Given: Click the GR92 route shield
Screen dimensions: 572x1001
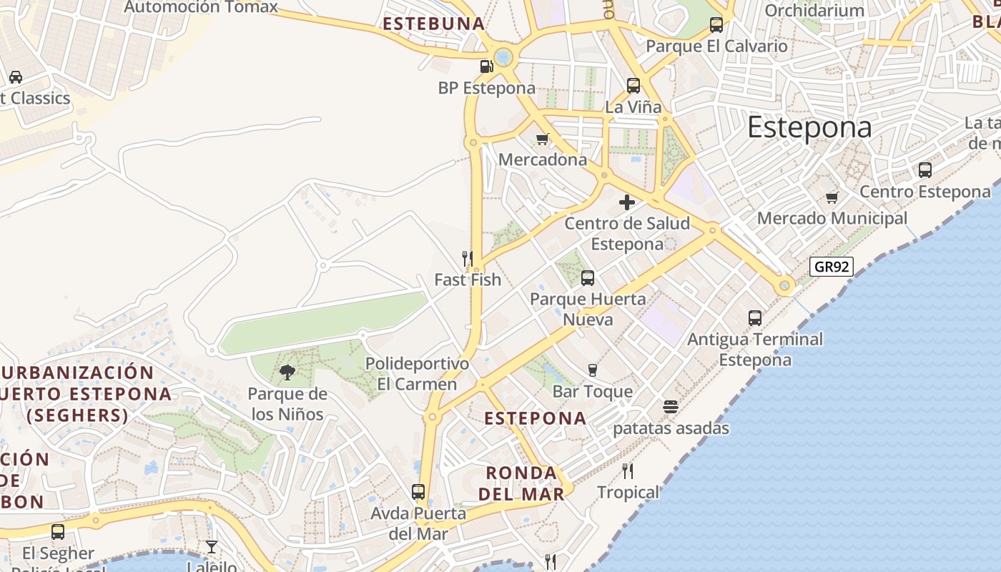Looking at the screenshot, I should click(833, 267).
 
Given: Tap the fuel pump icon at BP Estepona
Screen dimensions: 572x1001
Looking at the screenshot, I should click(486, 66).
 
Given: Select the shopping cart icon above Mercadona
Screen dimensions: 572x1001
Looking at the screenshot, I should click(543, 139).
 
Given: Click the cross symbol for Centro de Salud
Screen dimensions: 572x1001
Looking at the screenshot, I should click(627, 202).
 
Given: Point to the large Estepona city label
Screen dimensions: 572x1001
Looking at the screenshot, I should click(809, 128).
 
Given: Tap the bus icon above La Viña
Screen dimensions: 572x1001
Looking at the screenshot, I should click(633, 86).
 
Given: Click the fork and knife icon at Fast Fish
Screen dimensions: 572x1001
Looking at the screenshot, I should click(468, 258).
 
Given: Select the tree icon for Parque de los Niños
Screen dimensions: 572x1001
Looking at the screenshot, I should click(287, 372).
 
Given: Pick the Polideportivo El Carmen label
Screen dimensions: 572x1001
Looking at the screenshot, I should click(418, 374).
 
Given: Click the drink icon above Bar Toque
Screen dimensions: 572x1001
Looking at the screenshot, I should click(592, 370).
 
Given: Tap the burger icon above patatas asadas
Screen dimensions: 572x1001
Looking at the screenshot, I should click(671, 407).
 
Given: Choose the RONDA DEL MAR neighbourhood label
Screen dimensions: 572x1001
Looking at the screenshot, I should click(521, 483).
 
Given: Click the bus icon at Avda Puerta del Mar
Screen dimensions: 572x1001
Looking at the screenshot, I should click(418, 492).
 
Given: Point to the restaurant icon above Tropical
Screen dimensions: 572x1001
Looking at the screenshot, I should click(628, 470).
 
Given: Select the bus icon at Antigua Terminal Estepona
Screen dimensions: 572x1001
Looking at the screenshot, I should click(755, 317).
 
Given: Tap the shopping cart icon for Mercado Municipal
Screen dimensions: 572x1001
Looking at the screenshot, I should click(832, 197).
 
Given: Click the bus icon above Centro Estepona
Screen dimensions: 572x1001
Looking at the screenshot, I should click(925, 170).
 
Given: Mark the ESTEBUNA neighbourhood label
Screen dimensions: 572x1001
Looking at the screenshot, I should click(434, 24).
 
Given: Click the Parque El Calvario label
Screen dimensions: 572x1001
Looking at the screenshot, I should click(716, 46).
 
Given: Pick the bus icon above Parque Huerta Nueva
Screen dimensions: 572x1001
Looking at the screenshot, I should click(588, 278).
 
